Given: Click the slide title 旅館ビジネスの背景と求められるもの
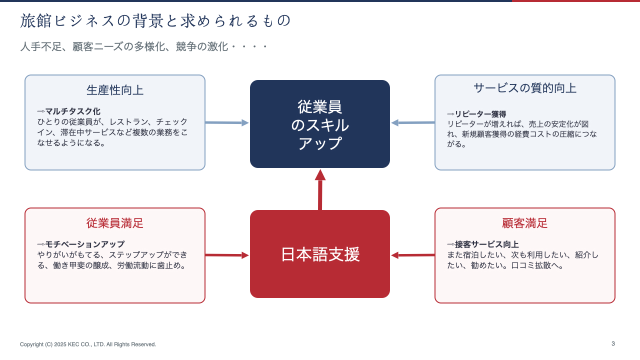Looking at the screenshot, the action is tap(155, 21).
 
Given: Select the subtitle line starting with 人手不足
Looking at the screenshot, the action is tap(143, 46).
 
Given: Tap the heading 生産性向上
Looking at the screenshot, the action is tap(115, 90).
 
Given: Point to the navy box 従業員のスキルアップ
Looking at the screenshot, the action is tap(319, 124).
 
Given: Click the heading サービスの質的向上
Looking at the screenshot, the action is tap(525, 88).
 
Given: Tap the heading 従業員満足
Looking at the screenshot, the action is tap(115, 223).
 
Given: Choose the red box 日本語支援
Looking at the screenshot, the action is tap(319, 254).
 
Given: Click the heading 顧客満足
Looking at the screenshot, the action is tap(525, 223).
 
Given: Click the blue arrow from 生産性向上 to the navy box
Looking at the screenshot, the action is tap(227, 122).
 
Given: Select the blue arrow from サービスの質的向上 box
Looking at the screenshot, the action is tap(413, 122).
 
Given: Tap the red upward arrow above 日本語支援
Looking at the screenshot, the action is tap(320, 189).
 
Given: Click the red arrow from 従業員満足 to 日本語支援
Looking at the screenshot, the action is tap(227, 255).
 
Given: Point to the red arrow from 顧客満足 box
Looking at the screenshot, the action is tap(413, 255).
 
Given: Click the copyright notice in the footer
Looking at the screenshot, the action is tap(88, 344).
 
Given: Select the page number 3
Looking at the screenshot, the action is tap(613, 343).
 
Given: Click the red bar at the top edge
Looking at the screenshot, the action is tap(576, 1).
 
